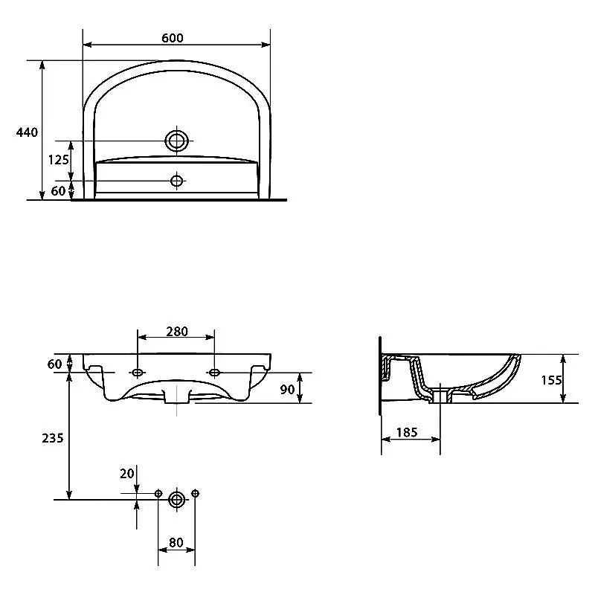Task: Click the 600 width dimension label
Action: coord(173,38)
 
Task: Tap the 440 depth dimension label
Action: coord(27,132)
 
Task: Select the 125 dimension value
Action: coord(59,160)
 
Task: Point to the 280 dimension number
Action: coord(177,331)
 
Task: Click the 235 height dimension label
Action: coord(52,438)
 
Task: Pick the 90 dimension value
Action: coord(287,389)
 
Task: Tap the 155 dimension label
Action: coord(551,380)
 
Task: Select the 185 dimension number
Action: coord(407,432)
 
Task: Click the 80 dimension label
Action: coord(176,542)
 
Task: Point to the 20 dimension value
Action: coord(127,473)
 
